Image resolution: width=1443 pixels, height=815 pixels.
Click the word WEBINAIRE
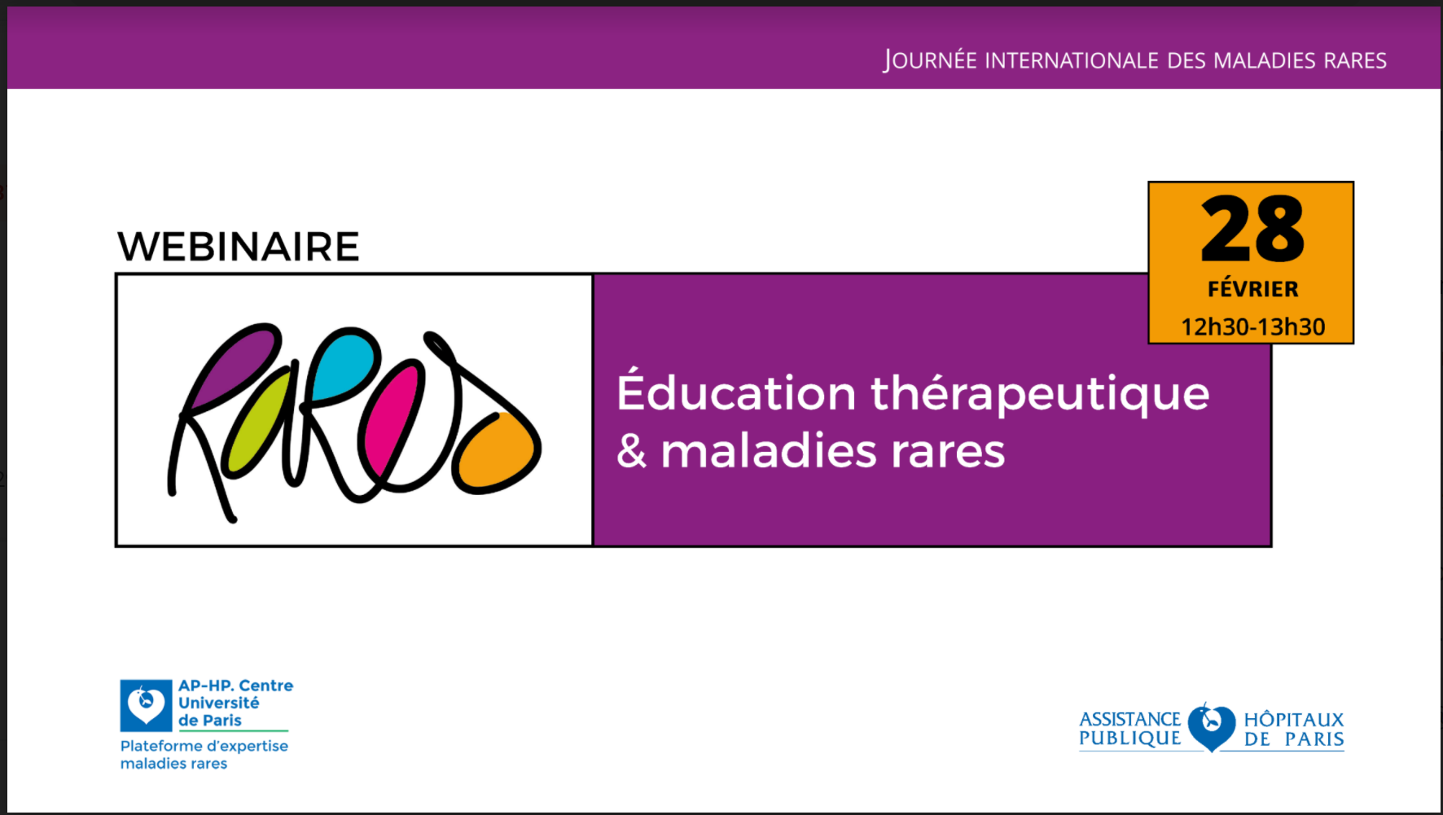pos(239,247)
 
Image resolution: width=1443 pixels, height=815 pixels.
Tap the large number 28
pos(1252,230)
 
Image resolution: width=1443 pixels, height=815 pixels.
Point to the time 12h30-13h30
pos(1252,327)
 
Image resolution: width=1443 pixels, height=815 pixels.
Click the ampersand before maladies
pos(632,451)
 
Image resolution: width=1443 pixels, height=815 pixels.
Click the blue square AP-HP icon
pos(146,705)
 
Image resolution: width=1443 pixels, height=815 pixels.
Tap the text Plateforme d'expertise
pos(204,746)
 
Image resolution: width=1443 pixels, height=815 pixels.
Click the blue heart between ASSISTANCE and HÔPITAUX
pos(1211,726)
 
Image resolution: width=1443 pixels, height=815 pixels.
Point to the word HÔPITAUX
pos(1294,719)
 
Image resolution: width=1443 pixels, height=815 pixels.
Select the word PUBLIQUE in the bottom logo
pos(1129,738)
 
